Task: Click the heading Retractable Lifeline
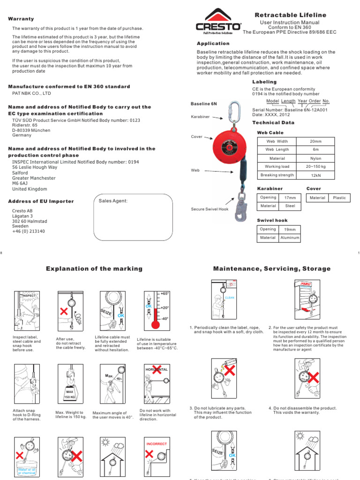pos(290,15)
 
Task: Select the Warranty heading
pos(21,19)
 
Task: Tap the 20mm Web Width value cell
pos(315,141)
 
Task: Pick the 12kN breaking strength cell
pos(315,175)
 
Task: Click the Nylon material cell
pos(315,158)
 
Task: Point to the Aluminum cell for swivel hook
pos(290,238)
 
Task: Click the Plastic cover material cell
pos(339,198)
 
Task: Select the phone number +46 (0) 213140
pos(29,231)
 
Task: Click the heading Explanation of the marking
pos(94,269)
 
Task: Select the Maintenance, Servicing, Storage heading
pos(271,269)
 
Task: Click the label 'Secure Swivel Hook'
pos(210,209)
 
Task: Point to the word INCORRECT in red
pos(157,443)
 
